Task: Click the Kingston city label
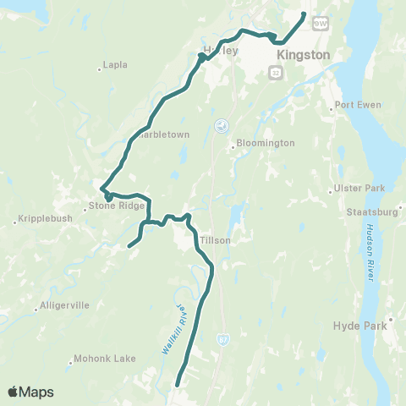[303, 53]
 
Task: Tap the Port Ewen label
[357, 105]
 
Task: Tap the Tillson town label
[215, 240]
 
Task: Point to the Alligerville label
[63, 307]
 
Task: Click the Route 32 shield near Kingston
[276, 75]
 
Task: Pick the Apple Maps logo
[31, 392]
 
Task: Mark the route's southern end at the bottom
[177, 386]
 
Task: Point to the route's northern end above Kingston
[304, 14]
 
